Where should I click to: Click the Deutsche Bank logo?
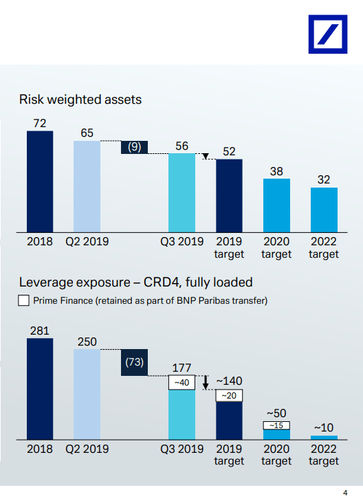328,34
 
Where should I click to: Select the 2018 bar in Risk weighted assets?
40,181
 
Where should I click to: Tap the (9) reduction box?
135,147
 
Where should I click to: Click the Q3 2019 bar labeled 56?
181,193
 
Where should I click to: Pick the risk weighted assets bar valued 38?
276,205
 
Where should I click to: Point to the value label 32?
324,179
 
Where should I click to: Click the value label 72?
40,123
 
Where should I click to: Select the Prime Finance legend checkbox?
24,300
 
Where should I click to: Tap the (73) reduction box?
135,362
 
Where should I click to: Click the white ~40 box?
181,382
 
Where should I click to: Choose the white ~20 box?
229,396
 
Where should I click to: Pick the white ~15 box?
276,425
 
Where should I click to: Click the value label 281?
40,331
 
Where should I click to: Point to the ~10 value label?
324,427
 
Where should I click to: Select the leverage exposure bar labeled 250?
87,394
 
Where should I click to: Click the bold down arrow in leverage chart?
206,382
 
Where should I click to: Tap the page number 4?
345,493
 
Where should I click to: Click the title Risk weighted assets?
80,100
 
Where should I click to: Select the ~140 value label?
229,381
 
